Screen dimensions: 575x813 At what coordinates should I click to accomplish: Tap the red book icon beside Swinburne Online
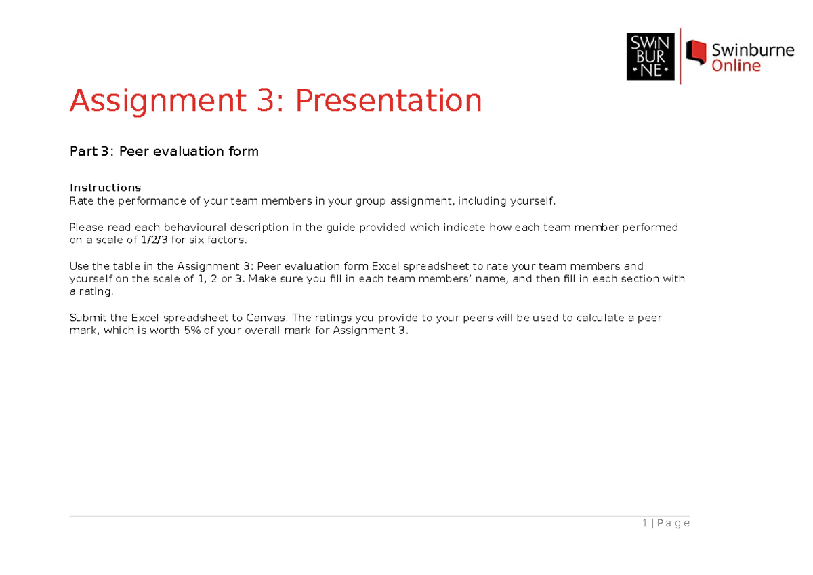coord(696,53)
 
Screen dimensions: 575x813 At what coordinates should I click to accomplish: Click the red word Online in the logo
coord(736,66)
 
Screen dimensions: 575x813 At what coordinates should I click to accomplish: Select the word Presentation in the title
coord(388,101)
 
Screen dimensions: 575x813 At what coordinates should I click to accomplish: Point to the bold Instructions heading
coord(105,187)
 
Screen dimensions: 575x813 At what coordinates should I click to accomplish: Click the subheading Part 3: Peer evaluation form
coord(164,151)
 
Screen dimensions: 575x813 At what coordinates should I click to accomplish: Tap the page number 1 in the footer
coord(644,523)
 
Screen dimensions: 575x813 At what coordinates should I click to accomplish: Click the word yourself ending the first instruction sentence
coord(533,200)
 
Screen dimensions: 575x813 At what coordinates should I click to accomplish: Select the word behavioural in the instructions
coord(222,227)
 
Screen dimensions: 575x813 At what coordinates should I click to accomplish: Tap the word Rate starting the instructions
coord(82,200)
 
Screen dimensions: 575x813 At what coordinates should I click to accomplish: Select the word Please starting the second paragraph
coord(87,227)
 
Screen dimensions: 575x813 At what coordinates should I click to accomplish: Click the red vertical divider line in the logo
coord(680,56)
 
